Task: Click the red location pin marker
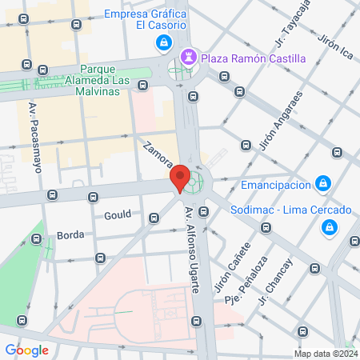click(180, 178)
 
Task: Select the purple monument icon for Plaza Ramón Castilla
click(189, 57)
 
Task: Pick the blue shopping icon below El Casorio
click(163, 42)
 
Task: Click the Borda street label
click(70, 235)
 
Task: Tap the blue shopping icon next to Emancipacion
click(322, 184)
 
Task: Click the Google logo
click(26, 350)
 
